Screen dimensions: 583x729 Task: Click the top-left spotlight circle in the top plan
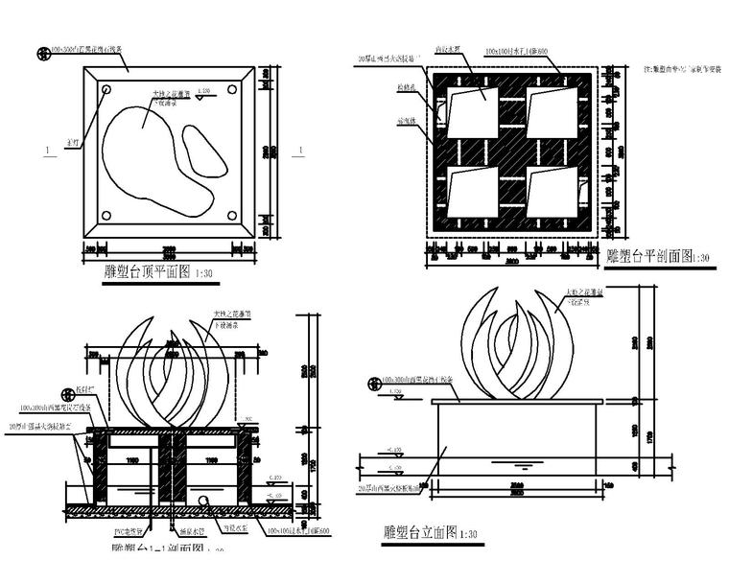click(106, 90)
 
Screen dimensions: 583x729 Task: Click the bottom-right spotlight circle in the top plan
click(230, 215)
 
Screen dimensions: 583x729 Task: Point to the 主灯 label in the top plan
click(73, 143)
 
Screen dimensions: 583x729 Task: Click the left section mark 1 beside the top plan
click(45, 150)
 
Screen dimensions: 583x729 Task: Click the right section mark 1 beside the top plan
click(300, 149)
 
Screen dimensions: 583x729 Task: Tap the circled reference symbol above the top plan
click(42, 53)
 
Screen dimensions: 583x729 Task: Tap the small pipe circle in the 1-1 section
click(204, 502)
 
